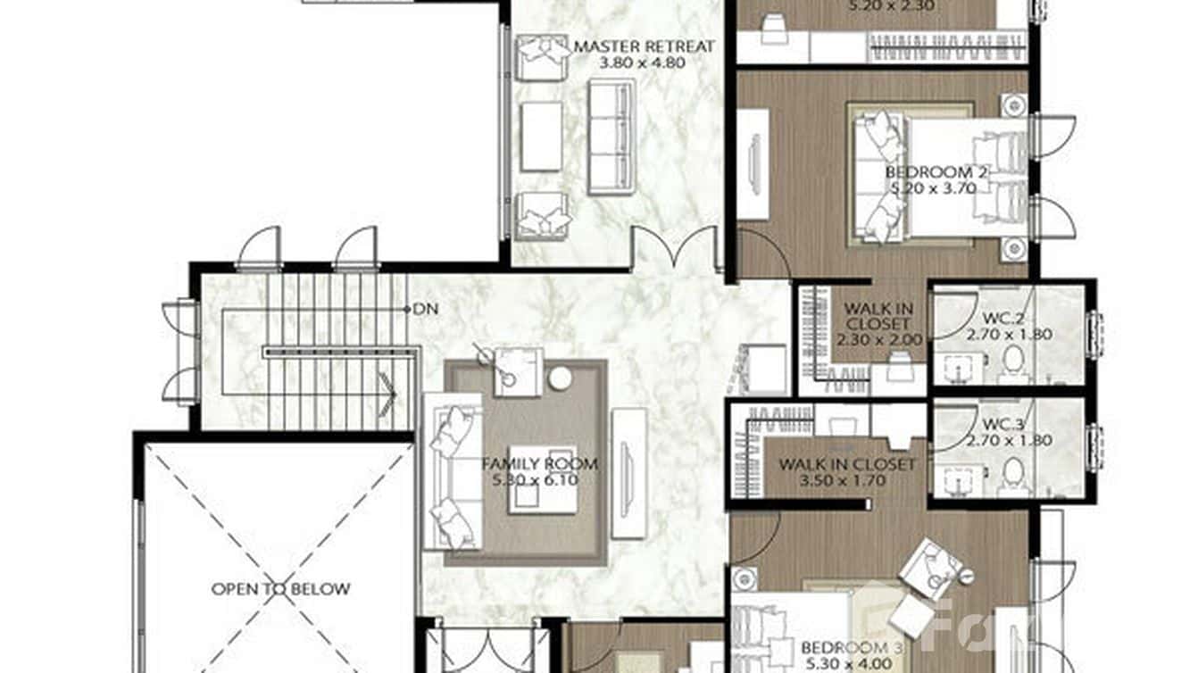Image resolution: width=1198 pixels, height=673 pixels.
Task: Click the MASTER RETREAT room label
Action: pos(644,46)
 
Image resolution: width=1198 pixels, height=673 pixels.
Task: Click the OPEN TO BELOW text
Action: pos(280,589)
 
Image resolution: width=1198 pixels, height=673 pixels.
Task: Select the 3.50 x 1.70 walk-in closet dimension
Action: pos(845,481)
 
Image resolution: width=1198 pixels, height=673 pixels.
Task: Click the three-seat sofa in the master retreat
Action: pos(611,137)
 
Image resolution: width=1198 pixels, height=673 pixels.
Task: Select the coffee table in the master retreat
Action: pos(541,137)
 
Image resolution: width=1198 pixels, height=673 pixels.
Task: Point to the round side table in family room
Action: pos(560,378)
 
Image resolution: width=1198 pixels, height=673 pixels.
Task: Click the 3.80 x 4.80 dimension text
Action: pos(644,63)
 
